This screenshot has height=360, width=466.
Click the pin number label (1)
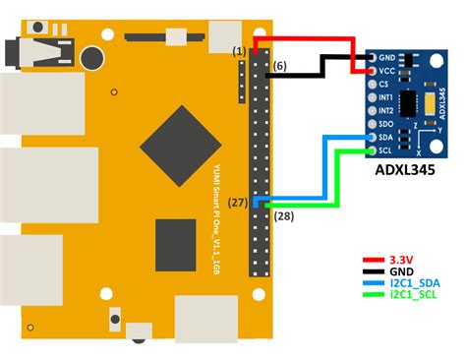click(239, 49)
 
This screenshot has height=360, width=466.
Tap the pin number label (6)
click(279, 66)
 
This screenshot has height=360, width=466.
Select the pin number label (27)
click(237, 202)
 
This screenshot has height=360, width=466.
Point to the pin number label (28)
click(283, 214)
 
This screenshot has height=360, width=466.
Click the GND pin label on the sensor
click(386, 57)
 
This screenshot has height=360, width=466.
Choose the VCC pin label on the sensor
click(386, 71)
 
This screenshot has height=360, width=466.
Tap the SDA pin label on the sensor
click(386, 139)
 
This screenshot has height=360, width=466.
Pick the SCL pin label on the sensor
click(386, 151)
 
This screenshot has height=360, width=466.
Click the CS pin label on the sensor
click(383, 85)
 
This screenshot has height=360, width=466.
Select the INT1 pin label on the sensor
click(386, 97)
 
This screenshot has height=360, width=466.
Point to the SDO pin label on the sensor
click(386, 125)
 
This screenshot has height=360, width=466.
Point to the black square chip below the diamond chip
click(177, 244)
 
